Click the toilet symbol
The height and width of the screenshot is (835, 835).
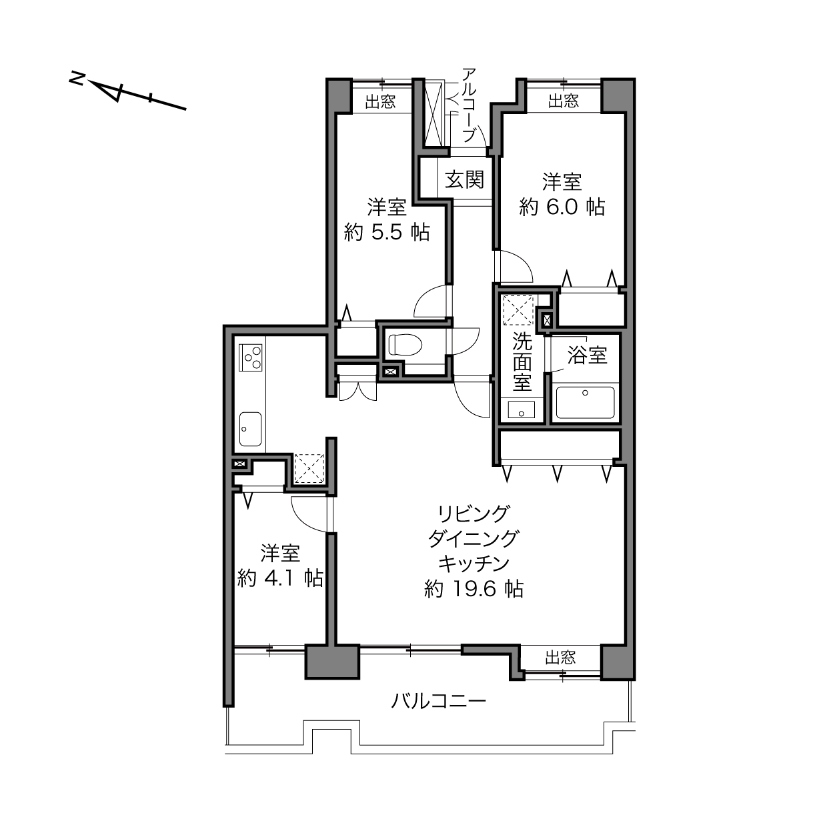tap(405, 345)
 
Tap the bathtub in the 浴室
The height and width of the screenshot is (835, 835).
tap(585, 403)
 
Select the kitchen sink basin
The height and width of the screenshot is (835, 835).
tap(251, 429)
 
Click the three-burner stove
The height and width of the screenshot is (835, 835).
tap(251, 357)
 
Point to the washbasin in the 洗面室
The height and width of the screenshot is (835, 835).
tap(522, 409)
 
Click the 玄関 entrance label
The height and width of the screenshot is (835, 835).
tap(464, 179)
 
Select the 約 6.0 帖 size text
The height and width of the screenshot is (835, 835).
tap(562, 207)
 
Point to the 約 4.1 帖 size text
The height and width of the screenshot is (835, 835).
tap(280, 578)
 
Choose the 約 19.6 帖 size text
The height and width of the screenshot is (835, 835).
tap(474, 589)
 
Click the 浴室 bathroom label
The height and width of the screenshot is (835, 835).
tap(587, 355)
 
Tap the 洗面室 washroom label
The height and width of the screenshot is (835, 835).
tap(522, 362)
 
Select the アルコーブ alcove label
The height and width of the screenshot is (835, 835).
tap(469, 105)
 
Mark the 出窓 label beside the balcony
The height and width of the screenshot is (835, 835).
tap(560, 658)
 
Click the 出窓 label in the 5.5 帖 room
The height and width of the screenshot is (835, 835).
tap(380, 102)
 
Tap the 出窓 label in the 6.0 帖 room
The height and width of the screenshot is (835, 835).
tap(564, 101)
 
